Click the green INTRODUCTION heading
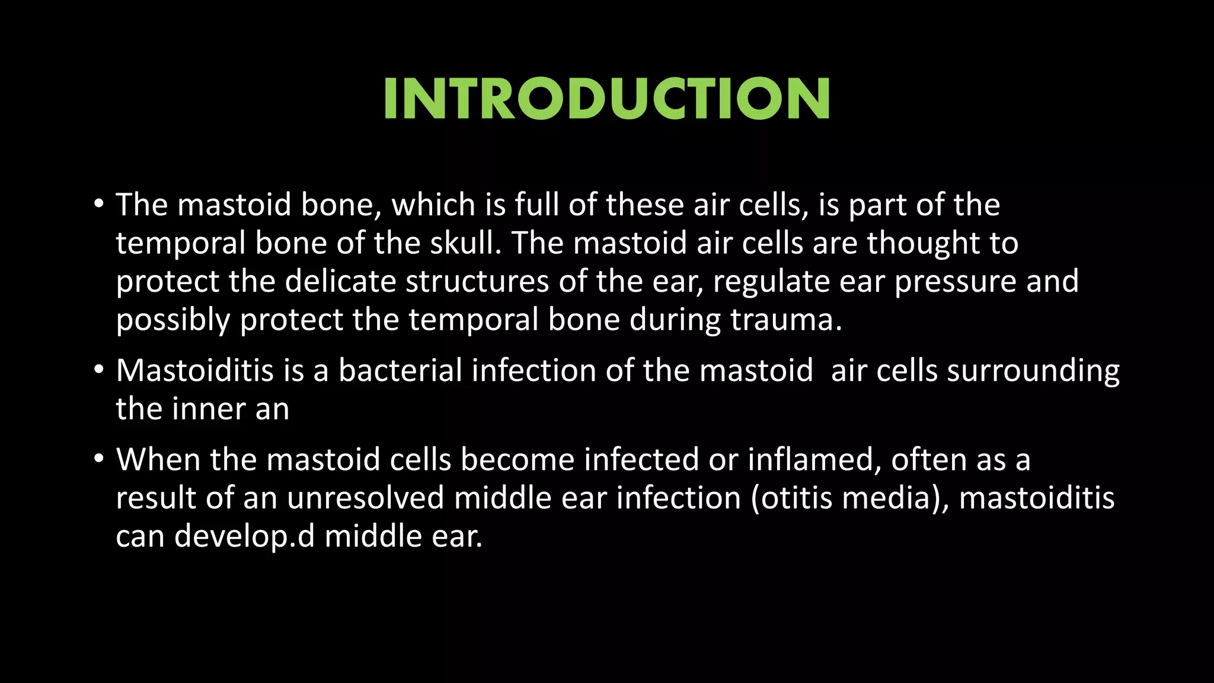[x=606, y=99]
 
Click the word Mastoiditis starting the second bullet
[x=194, y=371]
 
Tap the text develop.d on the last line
[x=244, y=537]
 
